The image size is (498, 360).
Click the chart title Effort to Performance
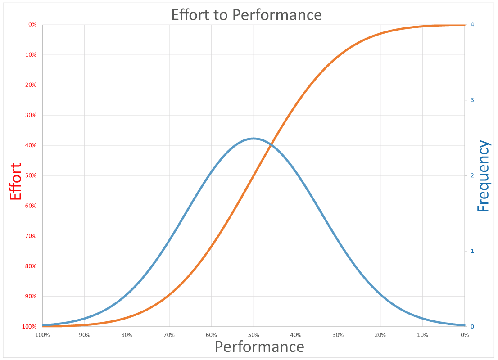point(246,15)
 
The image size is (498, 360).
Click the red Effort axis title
point(16,182)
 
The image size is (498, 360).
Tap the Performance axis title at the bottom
point(259,347)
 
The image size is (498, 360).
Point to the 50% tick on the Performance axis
point(254,335)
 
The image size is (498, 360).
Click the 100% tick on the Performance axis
point(42,335)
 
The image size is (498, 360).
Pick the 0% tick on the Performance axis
point(465,335)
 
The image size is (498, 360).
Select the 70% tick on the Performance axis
point(169,335)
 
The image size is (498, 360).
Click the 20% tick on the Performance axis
point(380,335)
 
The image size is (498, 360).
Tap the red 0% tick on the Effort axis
point(32,25)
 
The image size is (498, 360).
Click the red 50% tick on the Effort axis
point(32,175)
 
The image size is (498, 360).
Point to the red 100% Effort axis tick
point(30,326)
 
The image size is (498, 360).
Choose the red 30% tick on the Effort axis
point(32,115)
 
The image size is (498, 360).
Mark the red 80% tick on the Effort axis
point(32,266)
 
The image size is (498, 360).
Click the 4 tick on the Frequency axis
point(472,25)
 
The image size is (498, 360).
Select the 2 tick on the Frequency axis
point(472,175)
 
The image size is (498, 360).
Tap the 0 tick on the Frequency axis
point(472,326)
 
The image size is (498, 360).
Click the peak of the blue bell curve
point(254,138)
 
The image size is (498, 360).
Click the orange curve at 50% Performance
point(254,175)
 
